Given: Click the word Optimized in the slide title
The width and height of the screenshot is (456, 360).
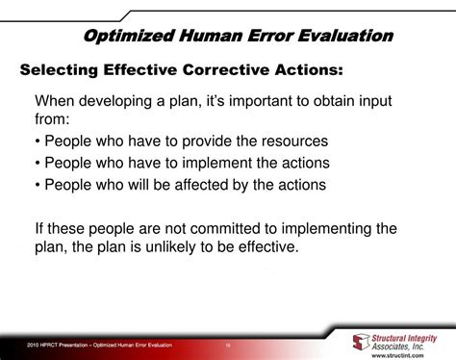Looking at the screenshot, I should [x=125, y=36].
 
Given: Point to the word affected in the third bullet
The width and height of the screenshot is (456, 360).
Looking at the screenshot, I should [x=226, y=186].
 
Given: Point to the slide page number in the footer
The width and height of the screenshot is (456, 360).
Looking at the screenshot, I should [x=228, y=344].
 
